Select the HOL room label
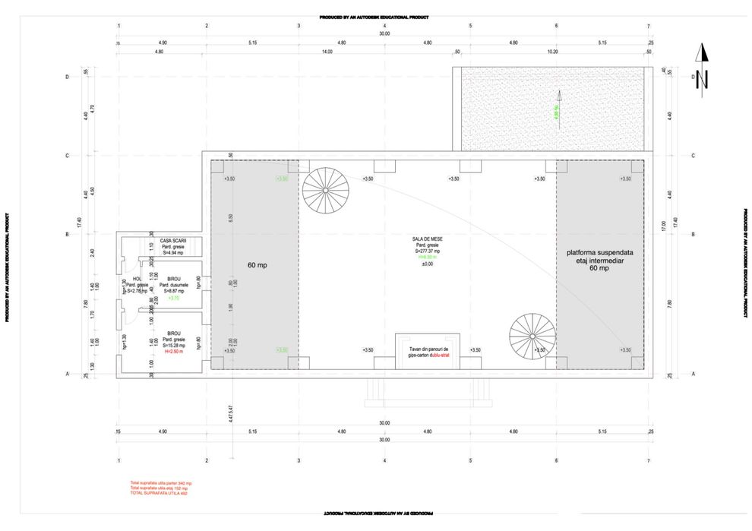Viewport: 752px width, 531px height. pyautogui.click(x=137, y=279)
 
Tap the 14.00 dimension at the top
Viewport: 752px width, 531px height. pyautogui.click(x=327, y=52)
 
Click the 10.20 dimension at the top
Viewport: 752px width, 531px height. pyautogui.click(x=552, y=52)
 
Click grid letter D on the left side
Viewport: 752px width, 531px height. pyautogui.click(x=68, y=76)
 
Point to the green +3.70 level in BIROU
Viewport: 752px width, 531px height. pyautogui.click(x=173, y=299)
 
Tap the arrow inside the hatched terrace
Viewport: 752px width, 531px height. pyautogui.click(x=558, y=100)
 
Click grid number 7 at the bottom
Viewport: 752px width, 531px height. pyautogui.click(x=649, y=461)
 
